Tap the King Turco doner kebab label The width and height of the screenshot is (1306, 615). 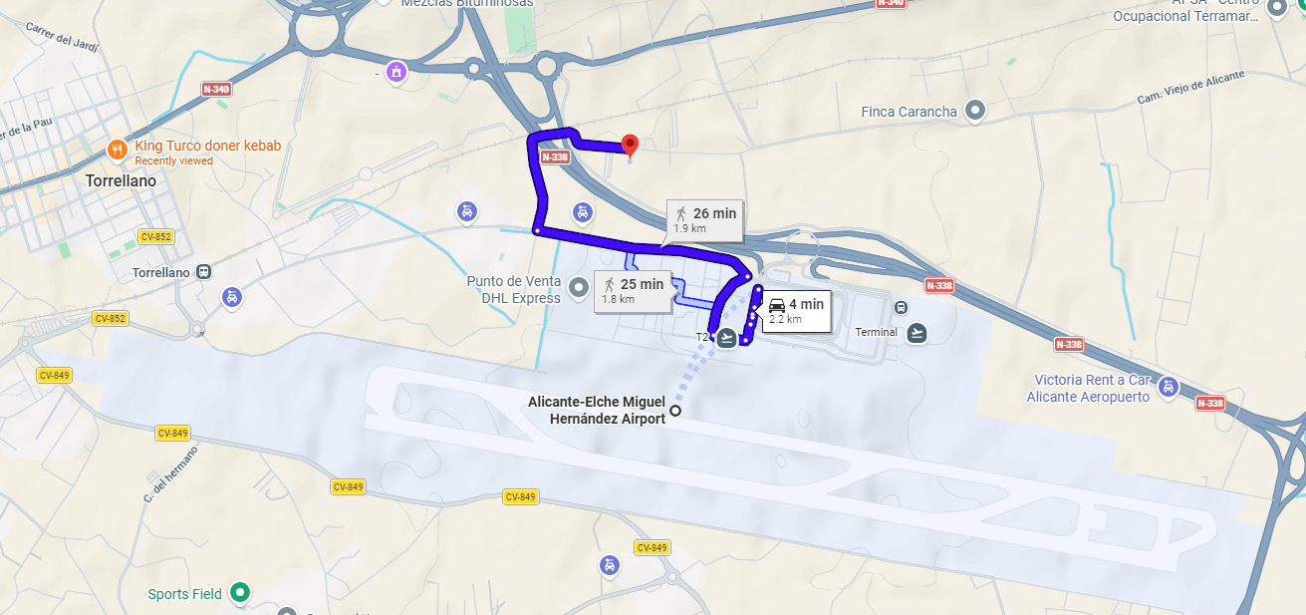coord(207,146)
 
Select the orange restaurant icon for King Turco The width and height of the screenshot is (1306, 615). coord(117,150)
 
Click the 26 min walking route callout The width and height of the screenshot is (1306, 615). coord(705,219)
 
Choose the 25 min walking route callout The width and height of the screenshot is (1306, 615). coord(633,290)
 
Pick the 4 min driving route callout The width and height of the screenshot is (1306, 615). coord(796,310)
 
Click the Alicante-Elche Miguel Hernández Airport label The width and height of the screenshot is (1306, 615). coord(597,410)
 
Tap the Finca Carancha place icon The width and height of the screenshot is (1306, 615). coord(976,111)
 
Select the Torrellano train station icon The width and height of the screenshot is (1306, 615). coord(204,272)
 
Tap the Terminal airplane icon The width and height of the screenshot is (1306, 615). coord(917,333)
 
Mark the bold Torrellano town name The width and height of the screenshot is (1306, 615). coord(122,181)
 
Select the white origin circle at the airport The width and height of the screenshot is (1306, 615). coord(675,411)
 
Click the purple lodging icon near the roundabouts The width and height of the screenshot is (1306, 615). coord(397,71)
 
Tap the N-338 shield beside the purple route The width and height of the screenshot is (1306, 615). coord(556,156)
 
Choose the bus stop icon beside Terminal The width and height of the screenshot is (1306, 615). coord(902,308)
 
